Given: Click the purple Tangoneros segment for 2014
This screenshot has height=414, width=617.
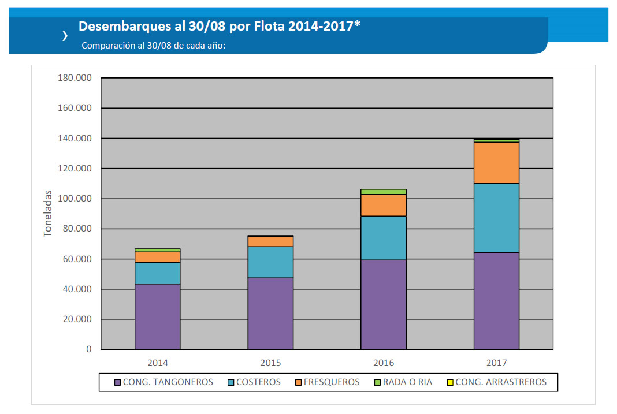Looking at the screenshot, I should [x=157, y=316].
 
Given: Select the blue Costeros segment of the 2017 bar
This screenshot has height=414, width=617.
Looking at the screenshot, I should [x=496, y=218].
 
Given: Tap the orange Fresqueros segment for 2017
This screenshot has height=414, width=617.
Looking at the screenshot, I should [x=496, y=163].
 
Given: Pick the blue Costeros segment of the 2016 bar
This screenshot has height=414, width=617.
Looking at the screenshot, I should [x=384, y=238].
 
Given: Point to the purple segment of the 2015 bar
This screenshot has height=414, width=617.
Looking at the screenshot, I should [x=270, y=314].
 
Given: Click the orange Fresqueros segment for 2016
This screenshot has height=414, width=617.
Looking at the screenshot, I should [x=384, y=205].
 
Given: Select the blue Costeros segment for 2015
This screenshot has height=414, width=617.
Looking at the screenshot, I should [x=270, y=262].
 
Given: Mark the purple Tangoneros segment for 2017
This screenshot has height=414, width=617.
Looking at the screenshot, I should [x=496, y=301].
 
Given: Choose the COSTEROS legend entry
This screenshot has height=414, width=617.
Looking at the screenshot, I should [x=258, y=382].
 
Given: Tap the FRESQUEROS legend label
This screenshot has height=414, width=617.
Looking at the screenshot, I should [x=331, y=382].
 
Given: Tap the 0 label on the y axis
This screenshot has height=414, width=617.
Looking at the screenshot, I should [x=88, y=349].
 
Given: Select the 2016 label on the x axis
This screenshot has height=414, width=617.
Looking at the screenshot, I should [x=384, y=363].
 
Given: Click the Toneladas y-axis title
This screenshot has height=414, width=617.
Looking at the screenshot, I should [x=49, y=214].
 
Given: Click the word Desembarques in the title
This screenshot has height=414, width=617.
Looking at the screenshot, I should [x=119, y=26].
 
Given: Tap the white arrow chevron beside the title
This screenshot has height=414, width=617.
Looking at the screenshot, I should [x=65, y=36].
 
